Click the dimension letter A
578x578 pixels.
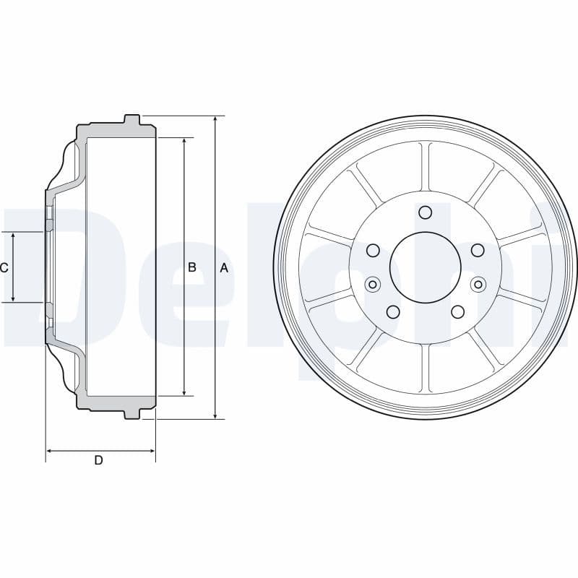coord(224,268)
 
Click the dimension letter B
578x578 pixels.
coord(192,267)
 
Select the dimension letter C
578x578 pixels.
coord(4,268)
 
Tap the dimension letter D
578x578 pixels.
coord(99,460)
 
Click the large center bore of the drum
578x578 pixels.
coord(426,268)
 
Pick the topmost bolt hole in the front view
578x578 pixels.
coord(426,212)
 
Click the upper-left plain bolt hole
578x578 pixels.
coord(373,250)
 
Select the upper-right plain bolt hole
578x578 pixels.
coord(478,250)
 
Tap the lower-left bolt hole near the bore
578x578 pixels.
coord(393,311)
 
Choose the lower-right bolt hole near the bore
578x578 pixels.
coord(457,311)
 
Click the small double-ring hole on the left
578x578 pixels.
coord(373,284)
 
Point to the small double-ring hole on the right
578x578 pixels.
coord(478,284)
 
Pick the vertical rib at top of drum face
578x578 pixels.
coord(426,167)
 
